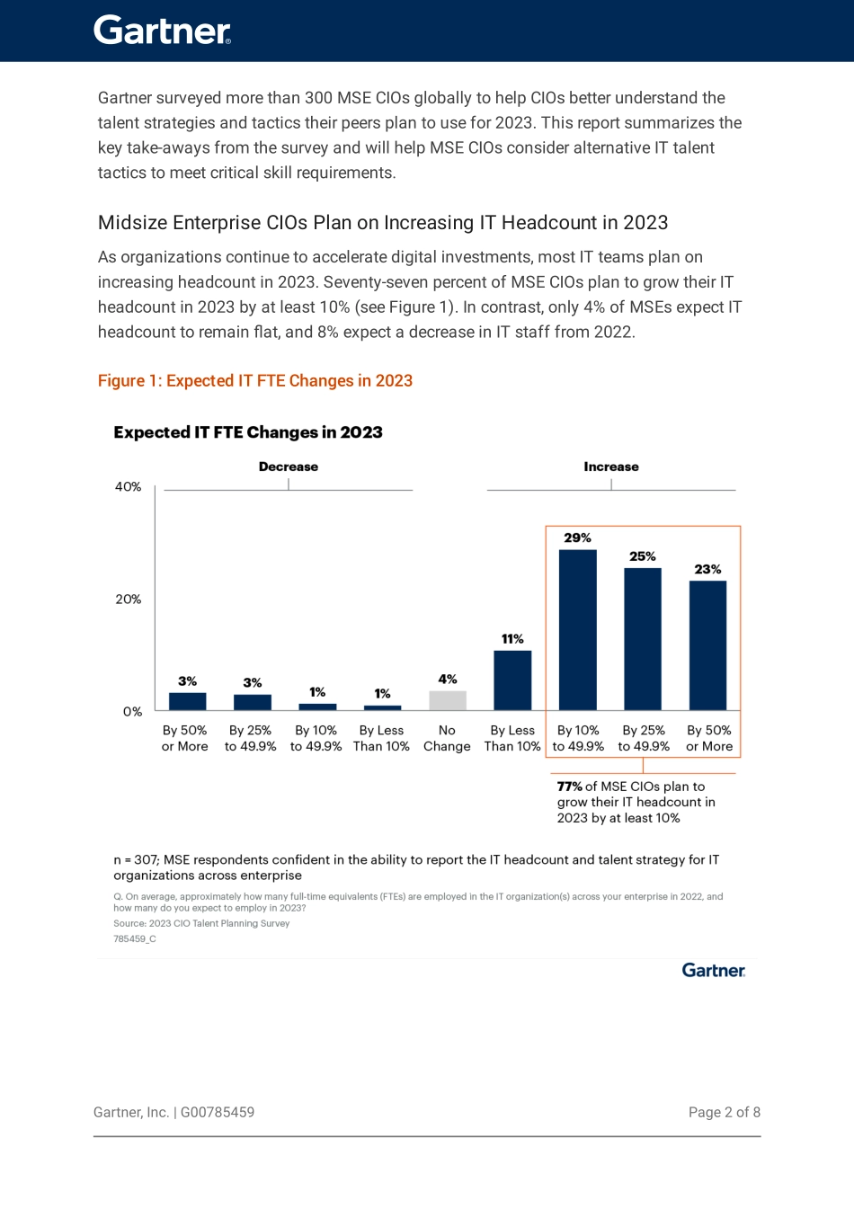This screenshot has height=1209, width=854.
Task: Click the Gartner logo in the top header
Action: [x=162, y=31]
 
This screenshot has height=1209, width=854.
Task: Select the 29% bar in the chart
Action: [x=577, y=629]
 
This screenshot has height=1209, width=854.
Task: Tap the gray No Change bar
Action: [x=447, y=700]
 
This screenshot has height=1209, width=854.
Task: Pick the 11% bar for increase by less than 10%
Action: [x=512, y=680]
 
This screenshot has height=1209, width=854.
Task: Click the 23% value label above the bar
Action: [x=707, y=569]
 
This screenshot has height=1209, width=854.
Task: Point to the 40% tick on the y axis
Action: [x=128, y=486]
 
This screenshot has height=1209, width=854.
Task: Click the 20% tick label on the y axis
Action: [x=128, y=599]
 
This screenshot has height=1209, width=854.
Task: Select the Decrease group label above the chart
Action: [x=288, y=467]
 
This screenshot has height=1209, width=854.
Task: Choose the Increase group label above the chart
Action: [x=610, y=467]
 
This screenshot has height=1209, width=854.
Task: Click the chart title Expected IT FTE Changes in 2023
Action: [x=248, y=432]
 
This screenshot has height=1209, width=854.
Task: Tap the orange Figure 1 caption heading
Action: [x=254, y=380]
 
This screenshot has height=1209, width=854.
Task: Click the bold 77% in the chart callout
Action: [x=569, y=787]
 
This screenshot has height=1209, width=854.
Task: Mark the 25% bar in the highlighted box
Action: [x=643, y=639]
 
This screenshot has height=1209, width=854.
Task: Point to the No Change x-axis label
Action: [x=447, y=738]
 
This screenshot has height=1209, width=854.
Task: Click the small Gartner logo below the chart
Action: [x=713, y=970]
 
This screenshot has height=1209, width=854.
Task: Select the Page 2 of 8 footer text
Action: [x=724, y=1112]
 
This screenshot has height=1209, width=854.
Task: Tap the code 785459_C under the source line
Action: [x=135, y=938]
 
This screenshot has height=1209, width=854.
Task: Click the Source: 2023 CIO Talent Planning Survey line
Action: [x=201, y=923]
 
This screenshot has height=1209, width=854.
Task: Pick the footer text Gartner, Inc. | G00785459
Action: [x=173, y=1112]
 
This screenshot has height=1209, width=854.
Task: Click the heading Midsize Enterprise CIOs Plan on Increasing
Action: [x=383, y=223]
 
